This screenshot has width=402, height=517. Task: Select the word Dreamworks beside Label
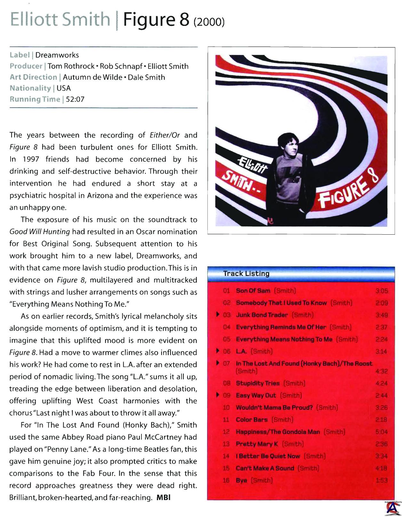tap(57, 55)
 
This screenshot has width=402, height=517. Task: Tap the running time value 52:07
tap(75, 99)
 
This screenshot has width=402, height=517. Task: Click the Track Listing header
tap(246, 274)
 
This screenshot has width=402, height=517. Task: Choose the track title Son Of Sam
tap(253, 291)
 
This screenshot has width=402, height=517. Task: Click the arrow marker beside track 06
tap(218, 351)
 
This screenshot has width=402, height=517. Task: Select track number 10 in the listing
tap(226, 408)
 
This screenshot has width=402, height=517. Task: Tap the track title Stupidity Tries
tap(258, 384)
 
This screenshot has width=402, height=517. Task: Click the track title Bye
tap(242, 481)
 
